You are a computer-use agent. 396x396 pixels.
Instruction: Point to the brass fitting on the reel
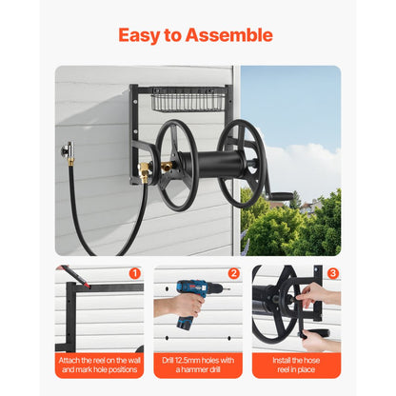[x=146, y=171]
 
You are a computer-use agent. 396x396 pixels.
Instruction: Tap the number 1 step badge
[x=135, y=273]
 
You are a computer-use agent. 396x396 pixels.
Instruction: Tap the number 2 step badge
[x=234, y=273]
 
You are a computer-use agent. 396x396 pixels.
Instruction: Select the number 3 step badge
[x=332, y=273]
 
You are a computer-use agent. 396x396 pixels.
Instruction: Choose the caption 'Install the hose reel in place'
[x=296, y=366]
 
